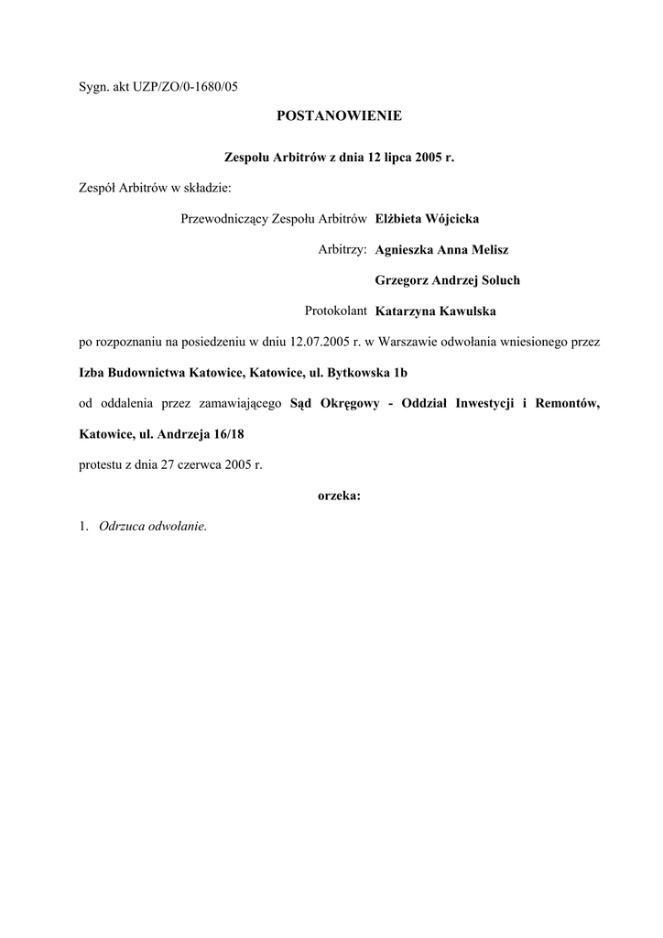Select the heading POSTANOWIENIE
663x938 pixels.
pyautogui.click(x=339, y=116)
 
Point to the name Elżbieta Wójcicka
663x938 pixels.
pyautogui.click(x=427, y=219)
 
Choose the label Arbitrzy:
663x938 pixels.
pyautogui.click(x=342, y=249)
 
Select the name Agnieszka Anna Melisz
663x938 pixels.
pyautogui.click(x=441, y=249)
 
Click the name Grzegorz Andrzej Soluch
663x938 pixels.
pyautogui.click(x=447, y=279)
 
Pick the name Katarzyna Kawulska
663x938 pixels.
pyautogui.click(x=435, y=311)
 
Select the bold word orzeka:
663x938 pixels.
pyautogui.click(x=339, y=496)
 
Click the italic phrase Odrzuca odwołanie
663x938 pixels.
pyautogui.click(x=153, y=526)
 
